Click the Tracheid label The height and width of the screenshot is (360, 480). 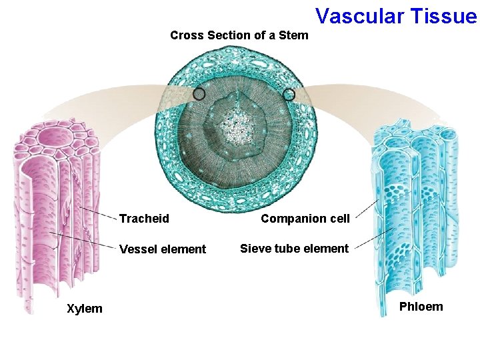tap(144, 219)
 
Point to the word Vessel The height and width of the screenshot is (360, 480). tap(135, 249)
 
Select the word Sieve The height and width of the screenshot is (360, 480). tap(254, 249)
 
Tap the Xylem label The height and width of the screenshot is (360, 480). tap(84, 308)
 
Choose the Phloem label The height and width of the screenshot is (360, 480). tap(421, 307)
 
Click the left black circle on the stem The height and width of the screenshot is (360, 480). tap(199, 95)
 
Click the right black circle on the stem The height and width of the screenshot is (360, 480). tap(289, 95)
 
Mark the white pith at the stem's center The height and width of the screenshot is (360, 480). tap(235, 127)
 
